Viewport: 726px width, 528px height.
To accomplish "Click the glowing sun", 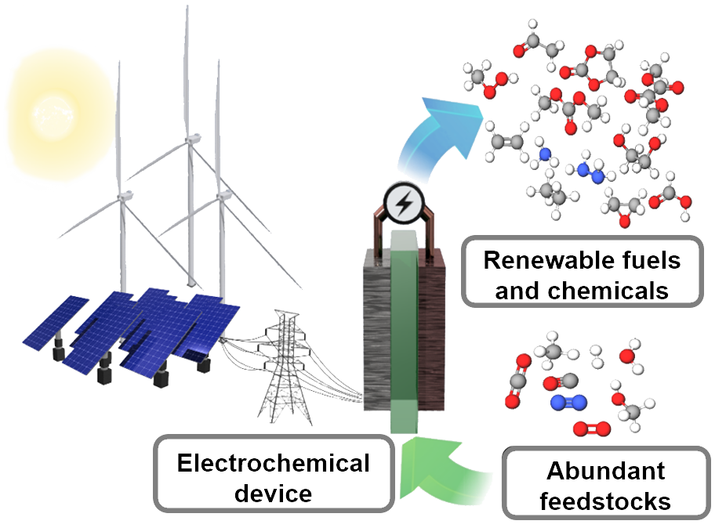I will pos(49,110).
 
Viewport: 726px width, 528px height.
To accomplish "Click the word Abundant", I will pos(605,472).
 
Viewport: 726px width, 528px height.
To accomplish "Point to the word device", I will pos(273,494).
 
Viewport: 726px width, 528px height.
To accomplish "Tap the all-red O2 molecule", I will pos(589,429).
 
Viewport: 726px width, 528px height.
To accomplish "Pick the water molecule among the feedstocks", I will pos(629,359).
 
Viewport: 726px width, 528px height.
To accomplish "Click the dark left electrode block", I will pos(376,329).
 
